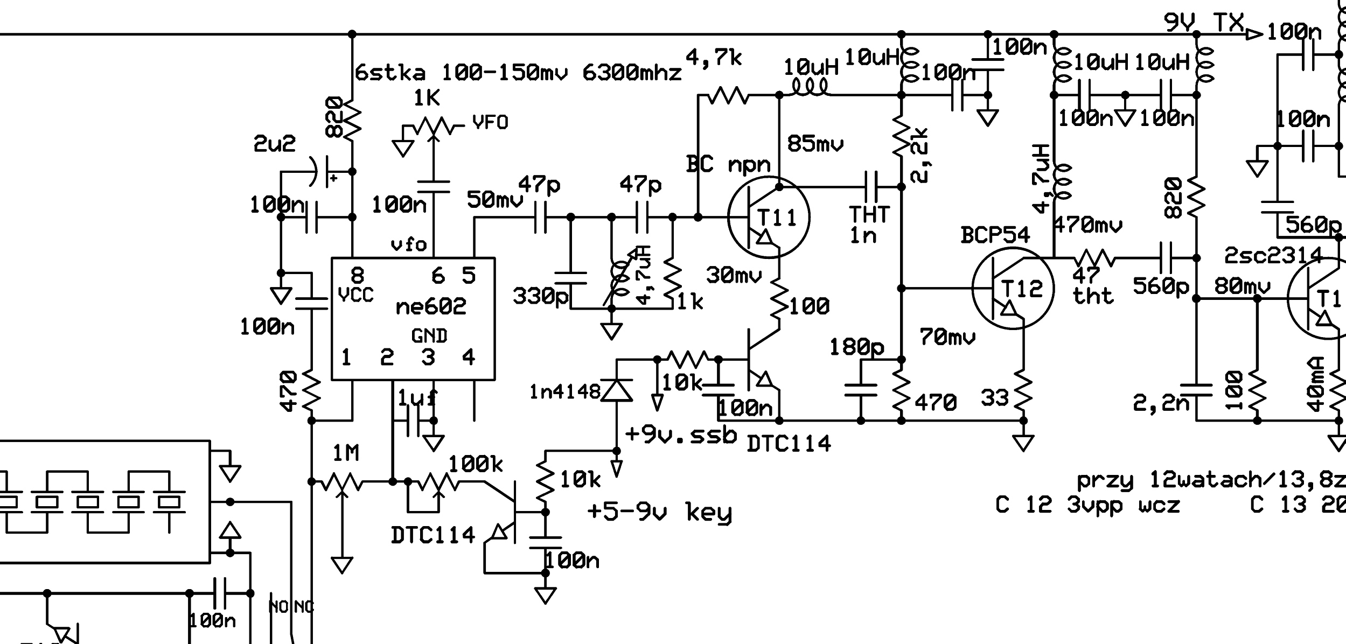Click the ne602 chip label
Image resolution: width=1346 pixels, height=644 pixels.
430,306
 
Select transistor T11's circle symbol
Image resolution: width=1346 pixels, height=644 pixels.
769,218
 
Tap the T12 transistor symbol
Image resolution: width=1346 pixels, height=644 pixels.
1013,289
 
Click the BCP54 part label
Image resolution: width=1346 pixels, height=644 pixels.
995,235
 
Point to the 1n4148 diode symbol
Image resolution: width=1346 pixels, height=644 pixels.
617,389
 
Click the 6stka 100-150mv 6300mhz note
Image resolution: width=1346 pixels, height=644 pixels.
518,73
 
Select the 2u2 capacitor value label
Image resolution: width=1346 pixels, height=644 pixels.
274,144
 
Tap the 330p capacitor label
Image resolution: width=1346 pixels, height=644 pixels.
540,296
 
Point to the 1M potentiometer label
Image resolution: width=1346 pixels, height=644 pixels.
345,454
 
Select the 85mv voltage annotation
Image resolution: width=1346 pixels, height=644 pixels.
815,144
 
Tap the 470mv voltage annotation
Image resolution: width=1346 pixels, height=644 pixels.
1087,225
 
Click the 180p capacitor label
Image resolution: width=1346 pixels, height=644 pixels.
856,347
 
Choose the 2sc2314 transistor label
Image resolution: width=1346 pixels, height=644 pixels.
1273,256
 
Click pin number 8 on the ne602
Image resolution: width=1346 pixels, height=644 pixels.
357,276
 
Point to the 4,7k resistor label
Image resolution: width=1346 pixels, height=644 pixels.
714,58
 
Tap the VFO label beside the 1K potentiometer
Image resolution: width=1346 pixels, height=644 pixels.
490,123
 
